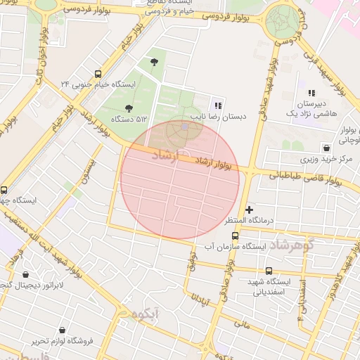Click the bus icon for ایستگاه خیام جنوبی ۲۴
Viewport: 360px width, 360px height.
(x=97, y=73)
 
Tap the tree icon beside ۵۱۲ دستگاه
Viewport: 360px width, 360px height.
(x=128, y=108)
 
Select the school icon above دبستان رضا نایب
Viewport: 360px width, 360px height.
(x=217, y=105)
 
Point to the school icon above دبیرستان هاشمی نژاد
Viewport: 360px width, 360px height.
(x=311, y=93)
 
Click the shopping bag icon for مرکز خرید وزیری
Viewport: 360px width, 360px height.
(x=326, y=148)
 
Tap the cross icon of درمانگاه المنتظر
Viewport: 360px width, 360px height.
(x=249, y=210)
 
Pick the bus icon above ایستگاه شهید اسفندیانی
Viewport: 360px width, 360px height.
(x=269, y=271)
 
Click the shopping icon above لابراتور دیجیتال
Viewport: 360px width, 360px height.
(x=26, y=275)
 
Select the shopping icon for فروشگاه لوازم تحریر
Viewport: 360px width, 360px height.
(x=63, y=330)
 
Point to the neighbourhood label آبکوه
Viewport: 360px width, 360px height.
(x=140, y=312)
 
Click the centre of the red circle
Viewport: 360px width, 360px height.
(x=180, y=179)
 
